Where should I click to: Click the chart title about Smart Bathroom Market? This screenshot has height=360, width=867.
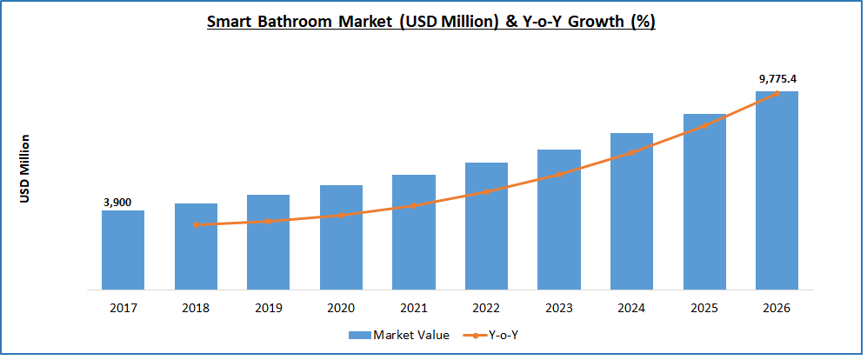click(430, 22)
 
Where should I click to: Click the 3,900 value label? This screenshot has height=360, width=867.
click(117, 203)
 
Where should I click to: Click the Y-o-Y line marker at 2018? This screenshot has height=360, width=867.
click(196, 224)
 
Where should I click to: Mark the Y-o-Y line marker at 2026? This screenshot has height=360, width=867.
click(777, 93)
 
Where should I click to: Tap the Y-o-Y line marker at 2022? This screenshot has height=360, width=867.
click(486, 191)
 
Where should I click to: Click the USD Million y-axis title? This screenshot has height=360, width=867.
click(25, 169)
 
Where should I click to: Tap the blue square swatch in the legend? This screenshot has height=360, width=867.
click(359, 335)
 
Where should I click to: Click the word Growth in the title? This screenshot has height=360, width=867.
click(588, 22)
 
